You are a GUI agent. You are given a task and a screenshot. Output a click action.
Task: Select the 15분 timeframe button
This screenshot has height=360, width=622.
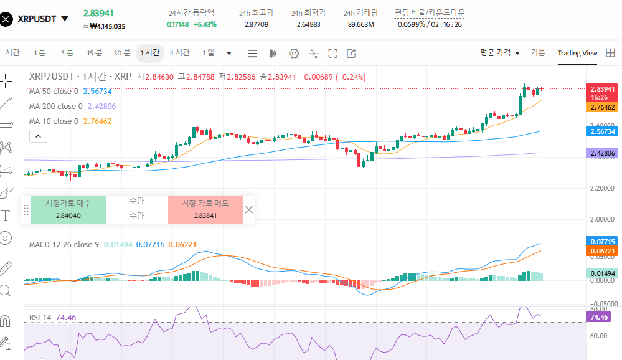click(94, 53)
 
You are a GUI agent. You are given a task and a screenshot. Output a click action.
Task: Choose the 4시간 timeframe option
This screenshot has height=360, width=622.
click(179, 53)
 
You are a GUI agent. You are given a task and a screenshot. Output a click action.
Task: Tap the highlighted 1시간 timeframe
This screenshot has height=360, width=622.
click(149, 53)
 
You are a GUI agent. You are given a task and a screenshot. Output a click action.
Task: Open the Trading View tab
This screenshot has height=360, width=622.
click(577, 53)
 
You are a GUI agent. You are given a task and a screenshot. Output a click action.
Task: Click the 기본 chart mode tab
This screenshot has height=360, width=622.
click(538, 53)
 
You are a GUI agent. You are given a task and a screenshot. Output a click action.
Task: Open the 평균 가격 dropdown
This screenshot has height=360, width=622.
click(500, 53)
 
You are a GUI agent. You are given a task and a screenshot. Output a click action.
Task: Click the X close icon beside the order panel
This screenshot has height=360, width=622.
click(249, 209)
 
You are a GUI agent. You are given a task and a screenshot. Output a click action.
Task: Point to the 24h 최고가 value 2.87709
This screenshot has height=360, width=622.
click(257, 24)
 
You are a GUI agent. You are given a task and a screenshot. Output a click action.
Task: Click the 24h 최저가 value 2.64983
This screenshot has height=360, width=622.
click(309, 24)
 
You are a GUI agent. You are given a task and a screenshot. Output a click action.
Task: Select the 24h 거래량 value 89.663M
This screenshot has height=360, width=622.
click(360, 24)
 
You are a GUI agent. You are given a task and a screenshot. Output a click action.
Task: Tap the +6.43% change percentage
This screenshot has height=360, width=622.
click(205, 24)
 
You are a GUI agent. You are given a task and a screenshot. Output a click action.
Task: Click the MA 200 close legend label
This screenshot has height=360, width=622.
click(54, 106)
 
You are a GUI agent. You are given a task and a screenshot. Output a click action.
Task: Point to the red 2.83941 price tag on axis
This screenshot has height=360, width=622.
click(603, 89)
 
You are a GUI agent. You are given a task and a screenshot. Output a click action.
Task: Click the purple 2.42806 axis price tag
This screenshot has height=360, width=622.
click(603, 153)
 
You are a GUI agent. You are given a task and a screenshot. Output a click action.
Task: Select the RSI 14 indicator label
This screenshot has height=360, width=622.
click(41, 317)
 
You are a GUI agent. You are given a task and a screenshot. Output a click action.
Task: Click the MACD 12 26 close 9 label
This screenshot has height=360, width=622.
click(64, 244)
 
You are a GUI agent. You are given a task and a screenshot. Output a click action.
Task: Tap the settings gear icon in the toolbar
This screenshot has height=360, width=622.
click(294, 54)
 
